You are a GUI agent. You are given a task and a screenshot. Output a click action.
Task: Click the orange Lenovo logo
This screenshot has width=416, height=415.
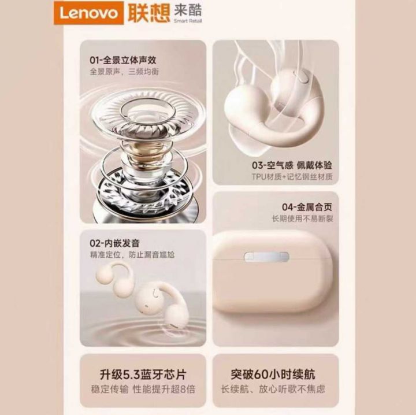point(89,13)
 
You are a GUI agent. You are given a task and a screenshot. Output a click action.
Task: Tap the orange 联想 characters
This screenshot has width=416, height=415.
point(149,13)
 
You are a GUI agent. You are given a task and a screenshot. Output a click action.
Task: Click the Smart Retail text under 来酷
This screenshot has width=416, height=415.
point(188,21)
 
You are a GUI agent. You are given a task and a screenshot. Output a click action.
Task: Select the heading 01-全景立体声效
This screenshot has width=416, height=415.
point(123,60)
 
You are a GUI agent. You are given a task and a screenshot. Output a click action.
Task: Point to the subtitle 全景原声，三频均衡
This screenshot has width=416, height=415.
point(124,72)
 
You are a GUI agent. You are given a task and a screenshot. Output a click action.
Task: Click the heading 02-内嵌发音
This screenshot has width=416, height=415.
point(114,243)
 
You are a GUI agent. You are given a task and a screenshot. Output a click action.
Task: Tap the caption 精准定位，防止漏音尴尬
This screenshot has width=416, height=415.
point(132,255)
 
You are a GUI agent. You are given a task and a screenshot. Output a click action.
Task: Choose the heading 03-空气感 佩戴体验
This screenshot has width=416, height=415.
point(292,165)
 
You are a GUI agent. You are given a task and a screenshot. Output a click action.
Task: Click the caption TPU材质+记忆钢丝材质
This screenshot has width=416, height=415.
point(292,176)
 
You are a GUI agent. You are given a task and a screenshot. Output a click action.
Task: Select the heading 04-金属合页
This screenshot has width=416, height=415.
point(307,207)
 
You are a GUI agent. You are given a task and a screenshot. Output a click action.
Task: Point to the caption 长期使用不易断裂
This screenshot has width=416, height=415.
point(302,218)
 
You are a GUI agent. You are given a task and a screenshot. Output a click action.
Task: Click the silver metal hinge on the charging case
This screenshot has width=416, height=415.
point(266,257)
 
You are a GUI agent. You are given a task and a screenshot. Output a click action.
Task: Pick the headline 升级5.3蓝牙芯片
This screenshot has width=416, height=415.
point(143,375)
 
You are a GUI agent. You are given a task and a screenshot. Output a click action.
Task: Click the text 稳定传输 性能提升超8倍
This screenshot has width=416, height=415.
point(143,389)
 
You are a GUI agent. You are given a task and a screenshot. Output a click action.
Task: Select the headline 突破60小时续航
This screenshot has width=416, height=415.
point(273,375)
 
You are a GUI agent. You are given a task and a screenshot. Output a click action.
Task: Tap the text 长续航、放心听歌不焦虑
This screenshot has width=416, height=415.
point(273,389)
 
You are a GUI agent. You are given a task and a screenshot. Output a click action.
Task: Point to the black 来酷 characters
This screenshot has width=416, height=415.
point(188,10)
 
